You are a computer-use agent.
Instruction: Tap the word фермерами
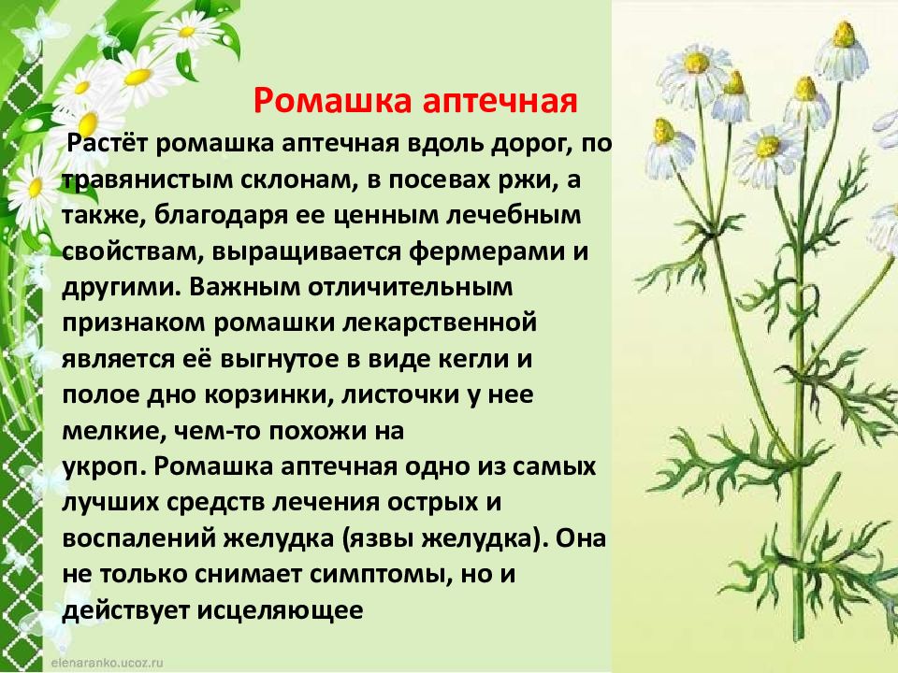pos(486,251)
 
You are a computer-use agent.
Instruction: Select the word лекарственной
pos(440,323)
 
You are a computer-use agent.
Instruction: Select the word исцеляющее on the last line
pos(280,611)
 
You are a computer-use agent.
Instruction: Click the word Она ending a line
pos(580,538)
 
